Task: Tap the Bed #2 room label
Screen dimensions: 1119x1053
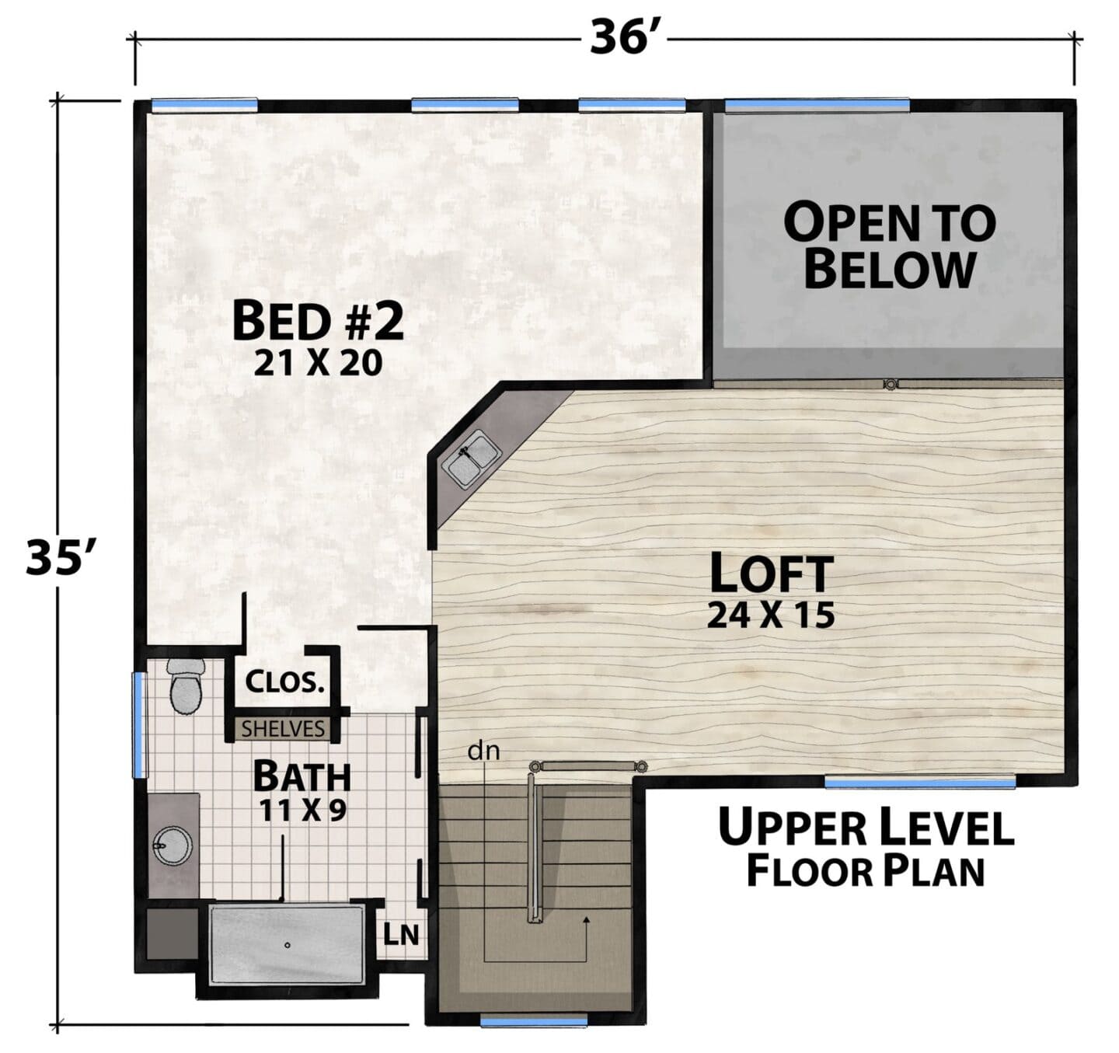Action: click(x=319, y=321)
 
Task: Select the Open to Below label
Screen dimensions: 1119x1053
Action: click(x=890, y=246)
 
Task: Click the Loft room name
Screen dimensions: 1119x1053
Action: click(x=772, y=573)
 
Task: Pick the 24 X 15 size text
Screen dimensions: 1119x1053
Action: click(x=771, y=615)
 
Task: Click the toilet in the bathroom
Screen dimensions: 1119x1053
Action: click(x=186, y=686)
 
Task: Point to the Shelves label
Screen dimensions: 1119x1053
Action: click(x=284, y=729)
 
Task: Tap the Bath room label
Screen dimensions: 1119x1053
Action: click(x=302, y=776)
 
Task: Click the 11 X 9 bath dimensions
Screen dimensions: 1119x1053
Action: click(x=302, y=811)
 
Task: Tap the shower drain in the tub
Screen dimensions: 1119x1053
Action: click(x=288, y=945)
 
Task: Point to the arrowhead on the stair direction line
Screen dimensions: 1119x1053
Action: click(x=587, y=921)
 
